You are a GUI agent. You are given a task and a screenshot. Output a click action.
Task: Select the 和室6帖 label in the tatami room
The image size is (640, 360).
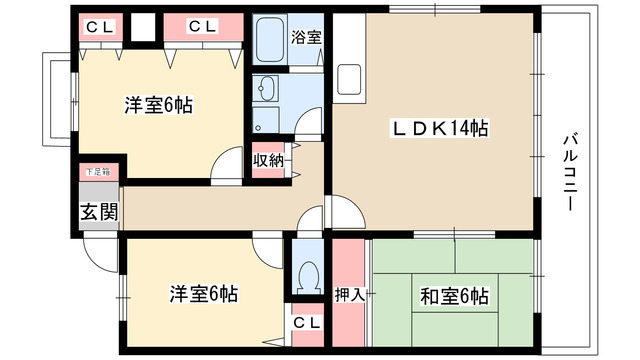click(x=453, y=296)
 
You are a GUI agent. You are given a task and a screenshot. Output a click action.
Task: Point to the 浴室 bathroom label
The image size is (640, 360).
click(x=306, y=38)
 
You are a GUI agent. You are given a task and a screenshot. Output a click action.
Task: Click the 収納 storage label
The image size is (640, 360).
click(x=267, y=159)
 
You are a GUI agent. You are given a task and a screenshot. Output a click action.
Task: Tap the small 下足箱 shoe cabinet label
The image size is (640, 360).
click(x=97, y=173)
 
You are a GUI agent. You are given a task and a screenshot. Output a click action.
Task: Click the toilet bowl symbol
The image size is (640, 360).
click(x=308, y=274)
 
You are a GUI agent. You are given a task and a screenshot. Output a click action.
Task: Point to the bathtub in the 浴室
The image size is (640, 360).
click(x=270, y=42)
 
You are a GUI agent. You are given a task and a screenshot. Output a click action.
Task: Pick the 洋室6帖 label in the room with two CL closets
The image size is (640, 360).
click(x=159, y=104)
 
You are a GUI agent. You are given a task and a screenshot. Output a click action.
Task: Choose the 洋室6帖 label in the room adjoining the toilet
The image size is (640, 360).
click(x=203, y=294)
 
